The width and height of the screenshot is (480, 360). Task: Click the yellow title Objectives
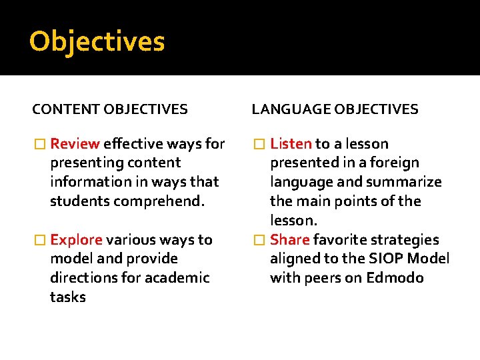(x=97, y=42)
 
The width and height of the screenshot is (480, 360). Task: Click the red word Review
(x=75, y=144)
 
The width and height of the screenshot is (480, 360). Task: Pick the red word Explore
(x=76, y=240)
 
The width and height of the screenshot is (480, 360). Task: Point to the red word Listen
(x=291, y=144)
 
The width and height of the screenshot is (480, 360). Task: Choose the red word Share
(x=290, y=240)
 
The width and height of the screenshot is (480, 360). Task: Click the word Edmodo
(x=395, y=278)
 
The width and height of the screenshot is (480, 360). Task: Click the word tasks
(x=67, y=297)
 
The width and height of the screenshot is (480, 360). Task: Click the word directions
(x=84, y=278)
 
